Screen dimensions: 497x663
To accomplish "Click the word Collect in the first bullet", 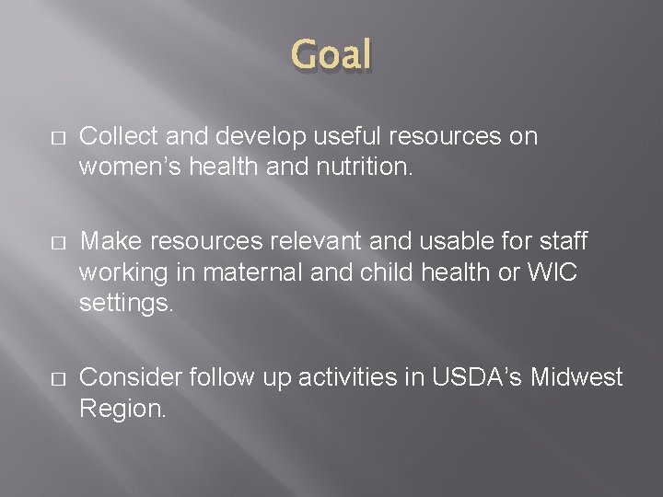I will click(x=115, y=136).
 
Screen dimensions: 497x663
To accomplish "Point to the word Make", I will click(x=110, y=241).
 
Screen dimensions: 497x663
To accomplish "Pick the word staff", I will click(x=562, y=241).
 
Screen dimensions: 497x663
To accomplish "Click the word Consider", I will click(x=131, y=376).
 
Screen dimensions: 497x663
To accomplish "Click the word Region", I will click(x=122, y=407).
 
